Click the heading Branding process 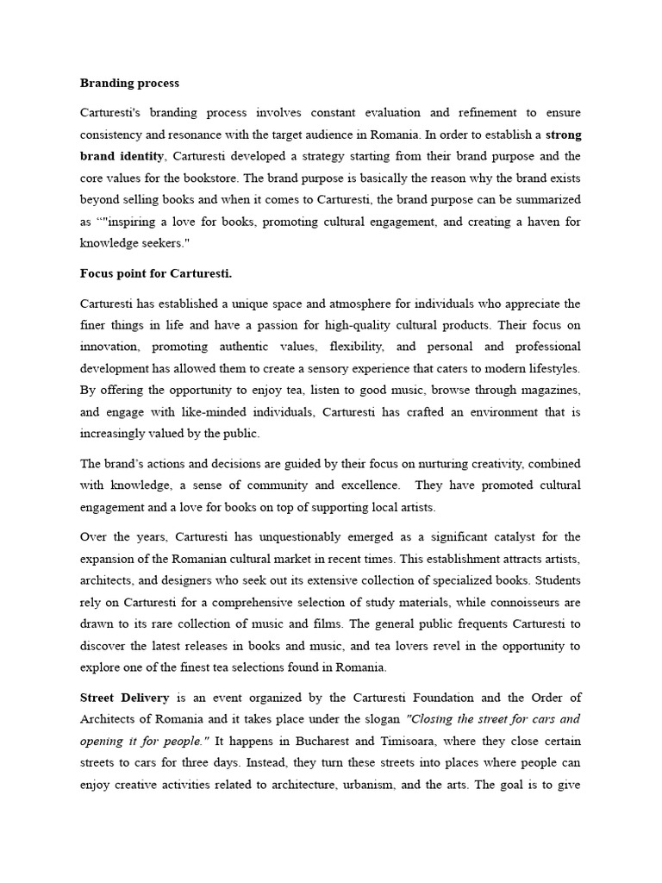coord(129,84)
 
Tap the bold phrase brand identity coord(121,156)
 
